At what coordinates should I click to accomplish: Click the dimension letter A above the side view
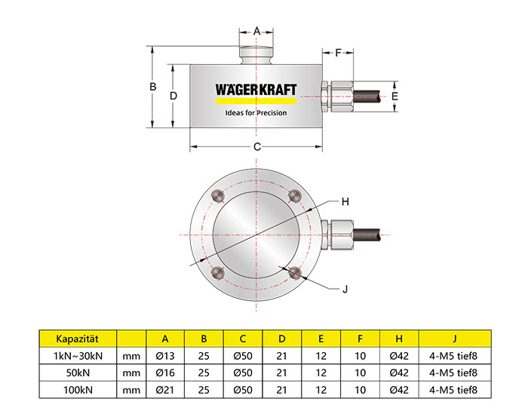click(x=256, y=32)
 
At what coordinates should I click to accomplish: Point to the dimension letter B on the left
click(x=153, y=87)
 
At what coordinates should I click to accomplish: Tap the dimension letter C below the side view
click(x=257, y=147)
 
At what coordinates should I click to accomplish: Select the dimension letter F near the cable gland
click(x=338, y=53)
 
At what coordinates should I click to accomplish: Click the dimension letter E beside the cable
click(x=394, y=96)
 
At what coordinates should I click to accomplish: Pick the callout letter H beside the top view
click(x=345, y=201)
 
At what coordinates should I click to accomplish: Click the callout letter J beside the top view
click(x=345, y=289)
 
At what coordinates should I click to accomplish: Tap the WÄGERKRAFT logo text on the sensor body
click(x=256, y=90)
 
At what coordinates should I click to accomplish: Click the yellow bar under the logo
click(x=256, y=100)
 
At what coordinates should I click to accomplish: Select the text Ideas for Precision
click(x=256, y=113)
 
